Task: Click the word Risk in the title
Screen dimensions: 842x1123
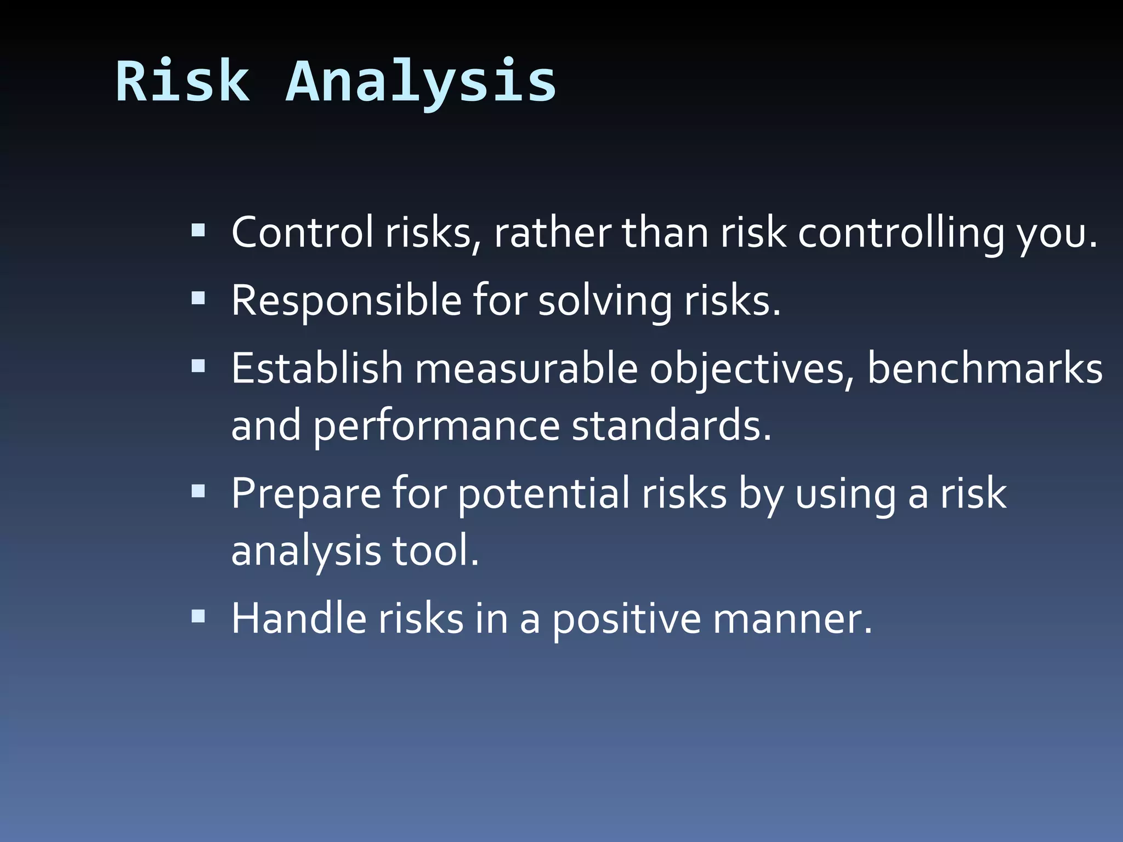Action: (183, 82)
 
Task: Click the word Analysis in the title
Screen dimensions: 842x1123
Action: (421, 82)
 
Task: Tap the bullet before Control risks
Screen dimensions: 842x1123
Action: (198, 230)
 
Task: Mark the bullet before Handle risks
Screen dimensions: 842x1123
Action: (198, 616)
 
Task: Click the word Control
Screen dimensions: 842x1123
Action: (302, 232)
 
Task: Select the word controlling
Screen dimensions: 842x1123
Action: (900, 232)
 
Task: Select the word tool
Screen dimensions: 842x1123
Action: (435, 550)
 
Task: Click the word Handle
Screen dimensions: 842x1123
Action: (299, 618)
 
